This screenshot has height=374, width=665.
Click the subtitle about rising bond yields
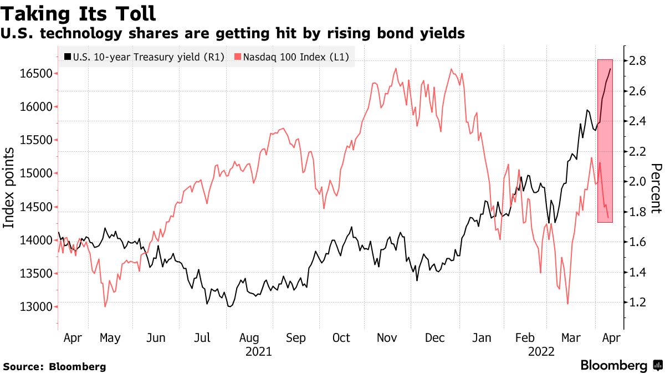point(233,34)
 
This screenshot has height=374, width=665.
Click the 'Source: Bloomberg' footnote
point(54,366)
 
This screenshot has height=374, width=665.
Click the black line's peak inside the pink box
point(611,69)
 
